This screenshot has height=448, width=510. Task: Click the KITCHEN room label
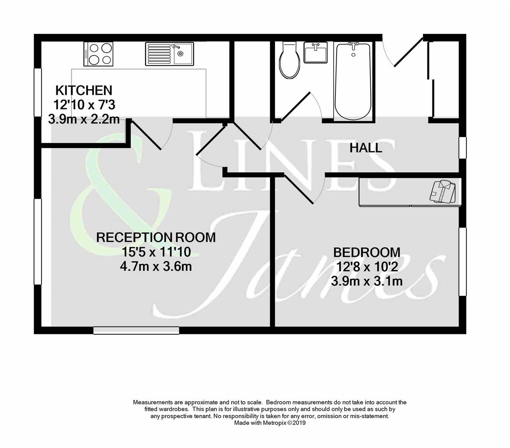(84, 90)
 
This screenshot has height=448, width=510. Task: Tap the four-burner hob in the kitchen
(98, 54)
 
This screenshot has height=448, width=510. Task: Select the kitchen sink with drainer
(169, 54)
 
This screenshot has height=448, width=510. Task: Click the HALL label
(365, 148)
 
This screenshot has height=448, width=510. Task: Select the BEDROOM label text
(367, 252)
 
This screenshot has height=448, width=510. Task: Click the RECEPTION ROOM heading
(156, 237)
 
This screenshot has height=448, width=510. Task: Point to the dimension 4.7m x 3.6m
(156, 266)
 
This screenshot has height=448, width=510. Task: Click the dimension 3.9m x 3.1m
(367, 281)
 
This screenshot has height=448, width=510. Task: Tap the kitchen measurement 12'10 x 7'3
(84, 105)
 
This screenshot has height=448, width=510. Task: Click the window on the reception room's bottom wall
(136, 330)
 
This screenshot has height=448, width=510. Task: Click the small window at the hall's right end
(462, 148)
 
